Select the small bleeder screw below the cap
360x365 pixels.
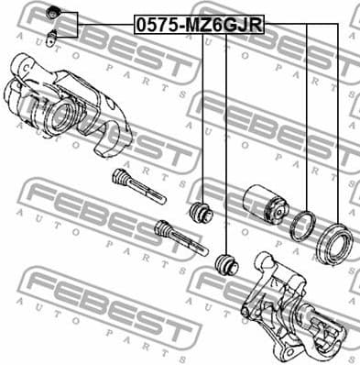point(53,37)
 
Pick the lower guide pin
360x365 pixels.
point(181,239)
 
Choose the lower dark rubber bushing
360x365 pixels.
point(225,267)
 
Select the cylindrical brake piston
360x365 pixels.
point(263,207)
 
